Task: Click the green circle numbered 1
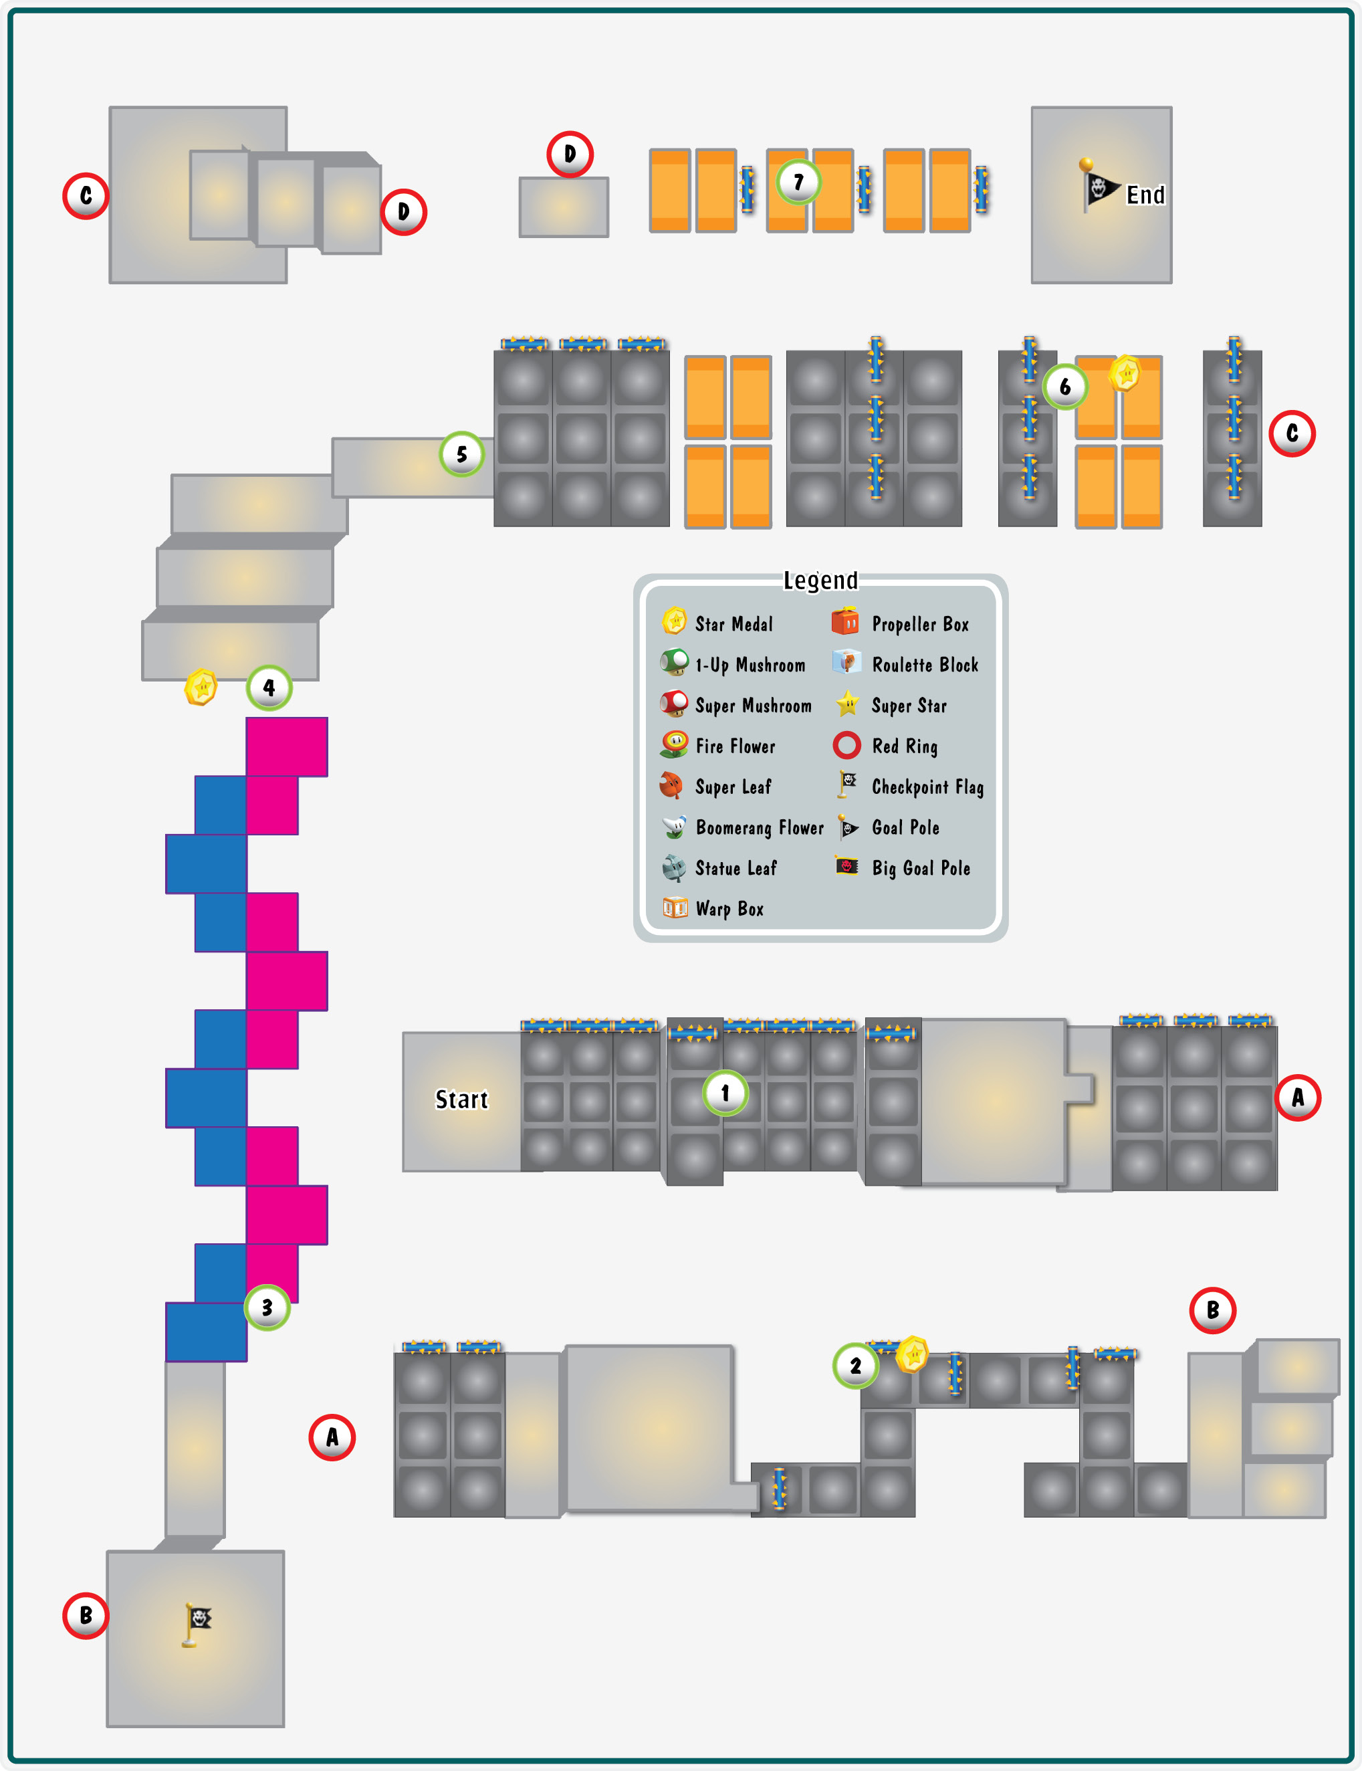(x=725, y=1093)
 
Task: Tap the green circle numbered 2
(x=855, y=1366)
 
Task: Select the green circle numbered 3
(x=267, y=1307)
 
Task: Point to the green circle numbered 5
(x=461, y=454)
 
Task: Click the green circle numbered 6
(x=1064, y=387)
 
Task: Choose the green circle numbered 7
(x=798, y=183)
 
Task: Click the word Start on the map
(x=462, y=1100)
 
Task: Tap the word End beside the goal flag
(x=1145, y=195)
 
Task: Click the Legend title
(x=820, y=580)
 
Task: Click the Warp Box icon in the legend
(x=675, y=908)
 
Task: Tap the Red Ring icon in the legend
(x=846, y=744)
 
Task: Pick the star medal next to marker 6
(x=1125, y=373)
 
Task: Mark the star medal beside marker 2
(x=913, y=1354)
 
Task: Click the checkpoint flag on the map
(x=196, y=1625)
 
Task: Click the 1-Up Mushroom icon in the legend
(x=675, y=663)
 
